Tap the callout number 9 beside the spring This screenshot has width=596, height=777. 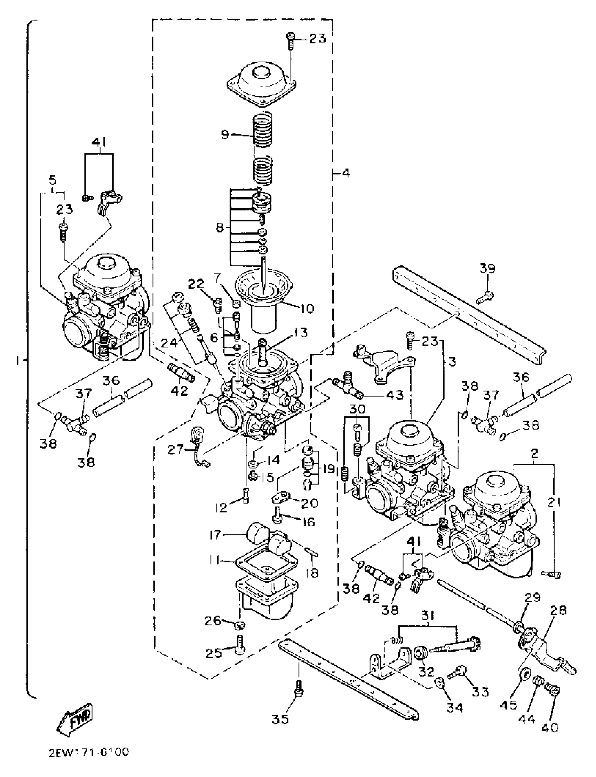coord(225,135)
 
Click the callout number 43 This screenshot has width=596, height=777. coord(395,394)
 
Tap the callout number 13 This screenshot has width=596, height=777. coord(300,333)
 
